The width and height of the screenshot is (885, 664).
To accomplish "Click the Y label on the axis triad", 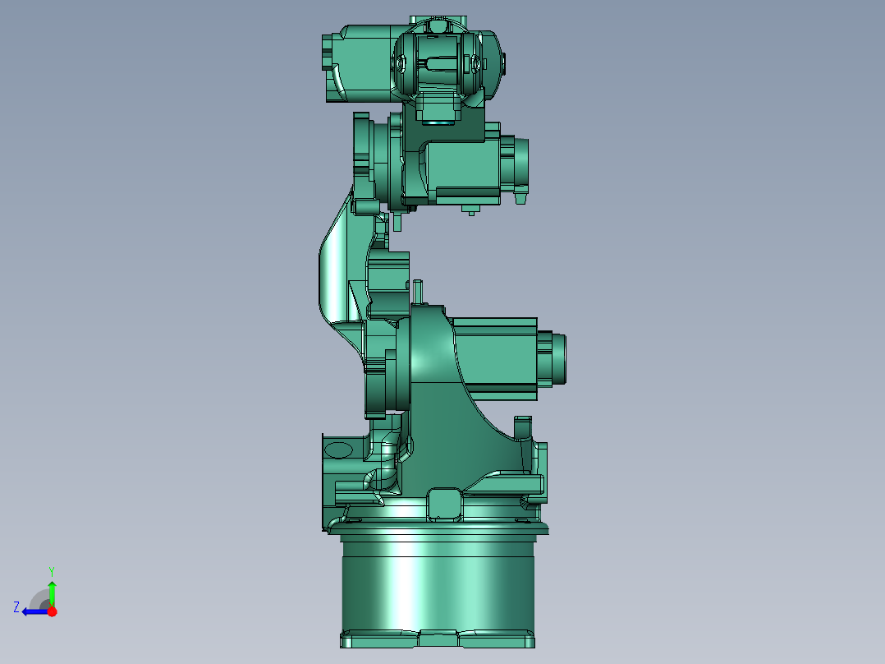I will tap(52, 570).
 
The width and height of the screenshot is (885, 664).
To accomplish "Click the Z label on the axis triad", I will tap(16, 607).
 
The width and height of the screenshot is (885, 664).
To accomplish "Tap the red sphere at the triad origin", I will tap(53, 611).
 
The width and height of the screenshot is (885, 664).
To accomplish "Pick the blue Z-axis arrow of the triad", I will tap(33, 611).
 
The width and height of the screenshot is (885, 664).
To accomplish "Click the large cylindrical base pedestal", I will tap(438, 583).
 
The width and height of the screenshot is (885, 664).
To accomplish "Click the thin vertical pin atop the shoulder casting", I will tap(418, 292).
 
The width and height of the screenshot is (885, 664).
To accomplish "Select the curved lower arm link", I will tap(337, 271).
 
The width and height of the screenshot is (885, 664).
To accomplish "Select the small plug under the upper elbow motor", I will tap(470, 210).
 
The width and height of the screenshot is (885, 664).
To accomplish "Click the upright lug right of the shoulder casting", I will tap(523, 427).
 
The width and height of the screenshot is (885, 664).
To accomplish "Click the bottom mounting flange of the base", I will tap(438, 639).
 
